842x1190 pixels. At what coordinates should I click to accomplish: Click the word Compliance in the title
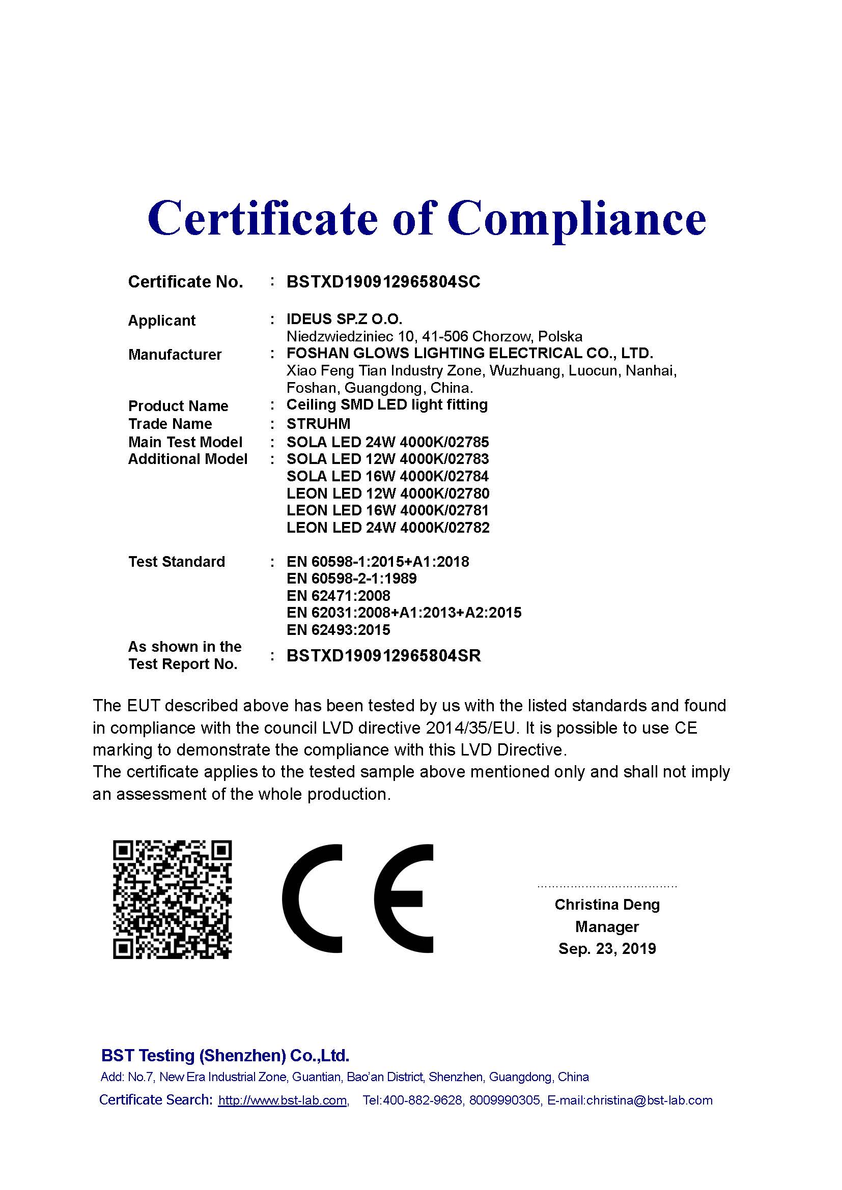[577, 219]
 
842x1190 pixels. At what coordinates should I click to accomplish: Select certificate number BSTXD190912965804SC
[383, 282]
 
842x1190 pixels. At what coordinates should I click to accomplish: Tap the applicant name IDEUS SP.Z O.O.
[344, 320]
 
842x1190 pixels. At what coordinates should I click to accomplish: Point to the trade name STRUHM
[318, 424]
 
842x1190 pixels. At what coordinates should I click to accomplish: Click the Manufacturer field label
[175, 355]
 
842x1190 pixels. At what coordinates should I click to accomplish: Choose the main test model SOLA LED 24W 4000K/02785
[387, 442]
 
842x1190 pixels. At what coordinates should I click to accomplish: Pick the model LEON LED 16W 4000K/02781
[387, 510]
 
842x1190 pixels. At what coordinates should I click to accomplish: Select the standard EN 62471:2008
[338, 596]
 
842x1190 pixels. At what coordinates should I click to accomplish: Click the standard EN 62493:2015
[338, 630]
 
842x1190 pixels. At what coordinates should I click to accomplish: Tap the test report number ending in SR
[384, 656]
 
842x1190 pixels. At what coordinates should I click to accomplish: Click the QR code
[172, 899]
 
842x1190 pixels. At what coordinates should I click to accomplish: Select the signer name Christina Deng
[607, 905]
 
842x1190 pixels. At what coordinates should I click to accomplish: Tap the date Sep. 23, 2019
[607, 948]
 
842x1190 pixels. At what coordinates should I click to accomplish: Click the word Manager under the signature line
[607, 926]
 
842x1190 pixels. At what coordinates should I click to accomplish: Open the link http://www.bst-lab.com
[283, 1100]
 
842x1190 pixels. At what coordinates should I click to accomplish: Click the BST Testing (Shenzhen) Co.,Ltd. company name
[225, 1055]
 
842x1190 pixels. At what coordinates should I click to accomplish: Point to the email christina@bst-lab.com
[649, 1100]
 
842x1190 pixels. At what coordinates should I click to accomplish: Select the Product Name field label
[178, 406]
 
